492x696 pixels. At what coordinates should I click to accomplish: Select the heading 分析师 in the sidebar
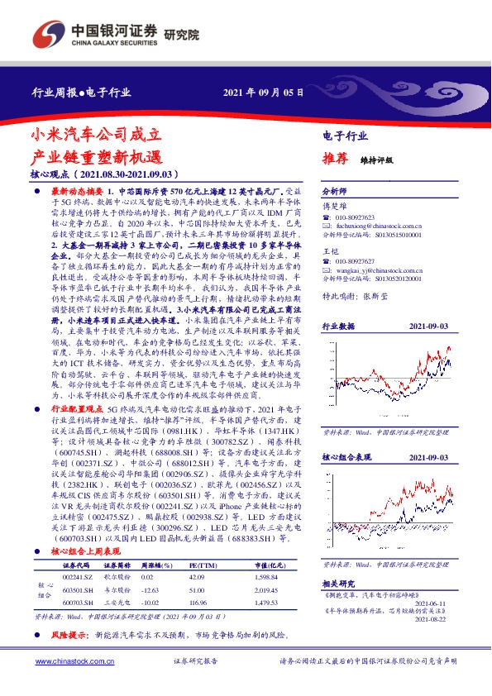click(x=334, y=190)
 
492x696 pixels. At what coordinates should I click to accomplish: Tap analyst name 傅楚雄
click(x=332, y=203)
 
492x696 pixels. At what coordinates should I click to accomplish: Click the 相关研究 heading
click(x=337, y=583)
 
